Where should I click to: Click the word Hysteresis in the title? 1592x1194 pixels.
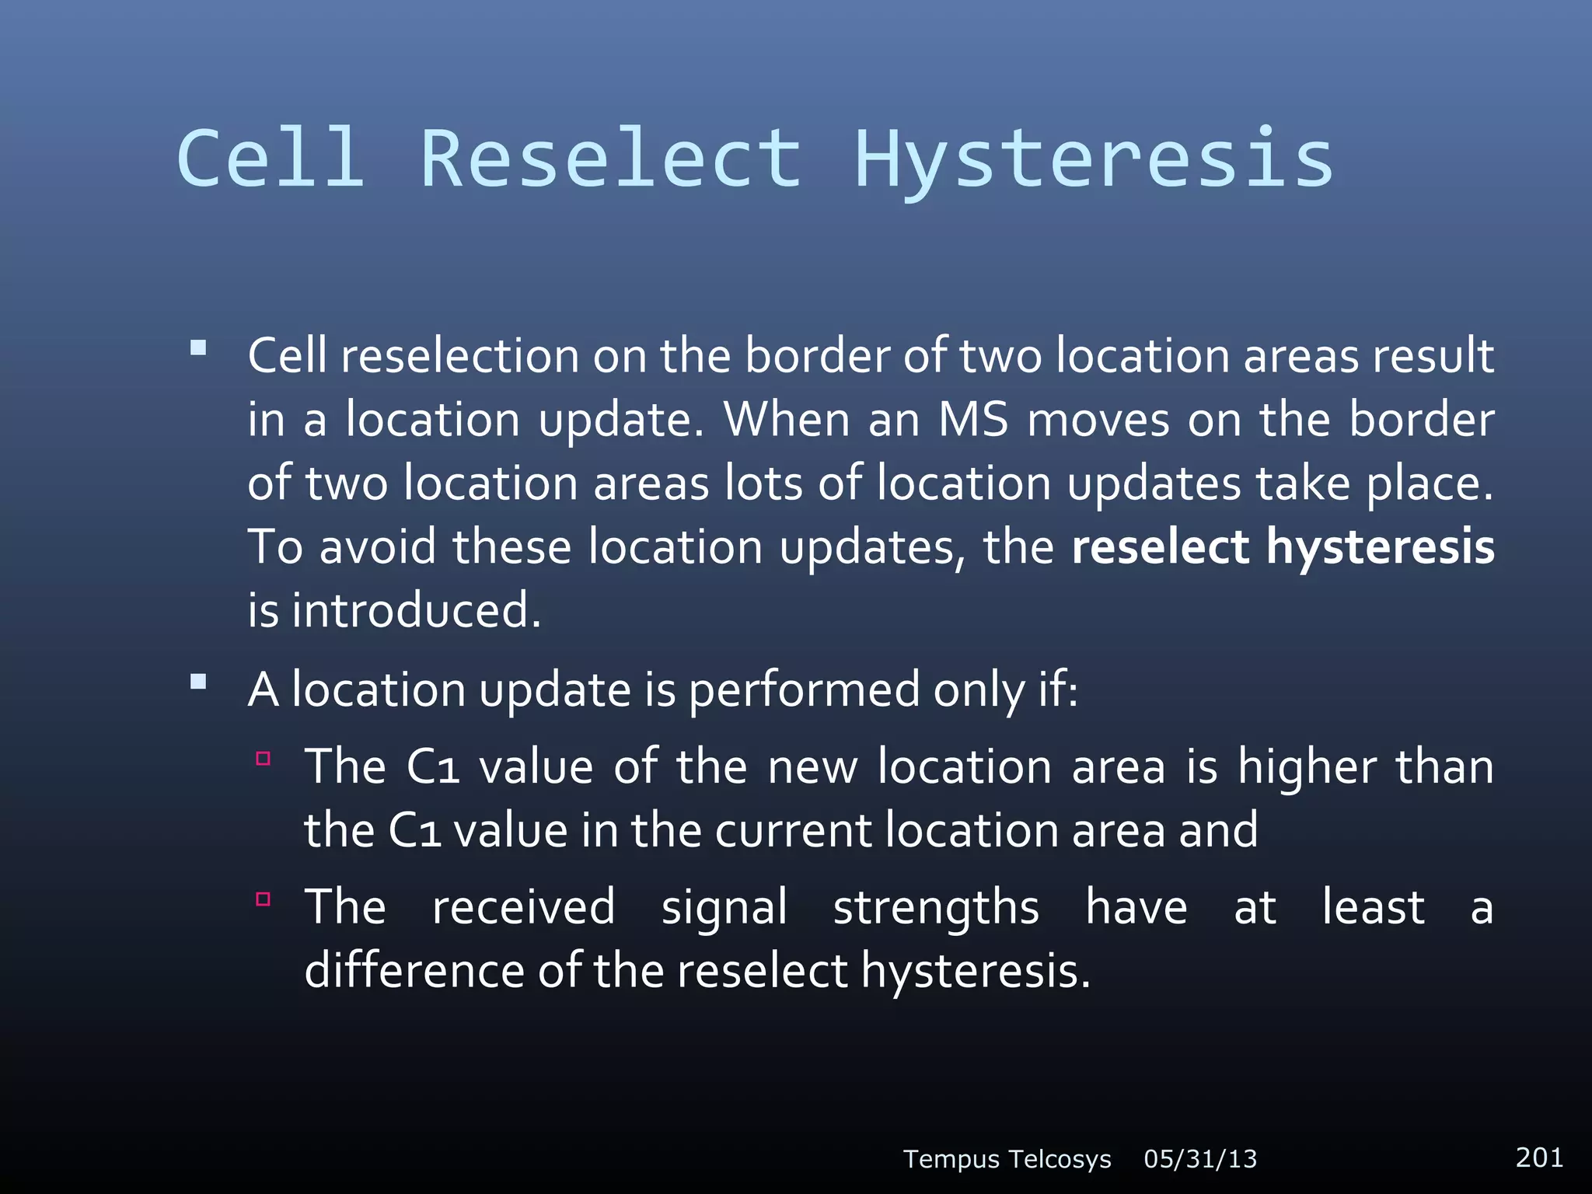pos(1094,159)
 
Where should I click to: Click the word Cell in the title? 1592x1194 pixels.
pos(271,159)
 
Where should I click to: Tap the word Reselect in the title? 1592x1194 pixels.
pos(611,159)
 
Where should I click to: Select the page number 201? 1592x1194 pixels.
pos(1539,1157)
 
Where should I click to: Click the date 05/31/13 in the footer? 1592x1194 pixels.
pos(1200,1159)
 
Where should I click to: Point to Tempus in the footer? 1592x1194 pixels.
pos(951,1159)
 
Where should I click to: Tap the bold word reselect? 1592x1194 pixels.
pos(1160,546)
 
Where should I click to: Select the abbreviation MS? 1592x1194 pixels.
pos(973,420)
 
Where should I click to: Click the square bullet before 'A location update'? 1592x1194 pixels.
pos(198,682)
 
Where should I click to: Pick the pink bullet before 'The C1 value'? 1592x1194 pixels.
pos(263,759)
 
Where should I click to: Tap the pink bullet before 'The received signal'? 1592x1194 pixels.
pos(263,899)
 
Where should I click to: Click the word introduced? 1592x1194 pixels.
pos(416,610)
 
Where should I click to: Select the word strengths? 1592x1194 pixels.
pos(936,908)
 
